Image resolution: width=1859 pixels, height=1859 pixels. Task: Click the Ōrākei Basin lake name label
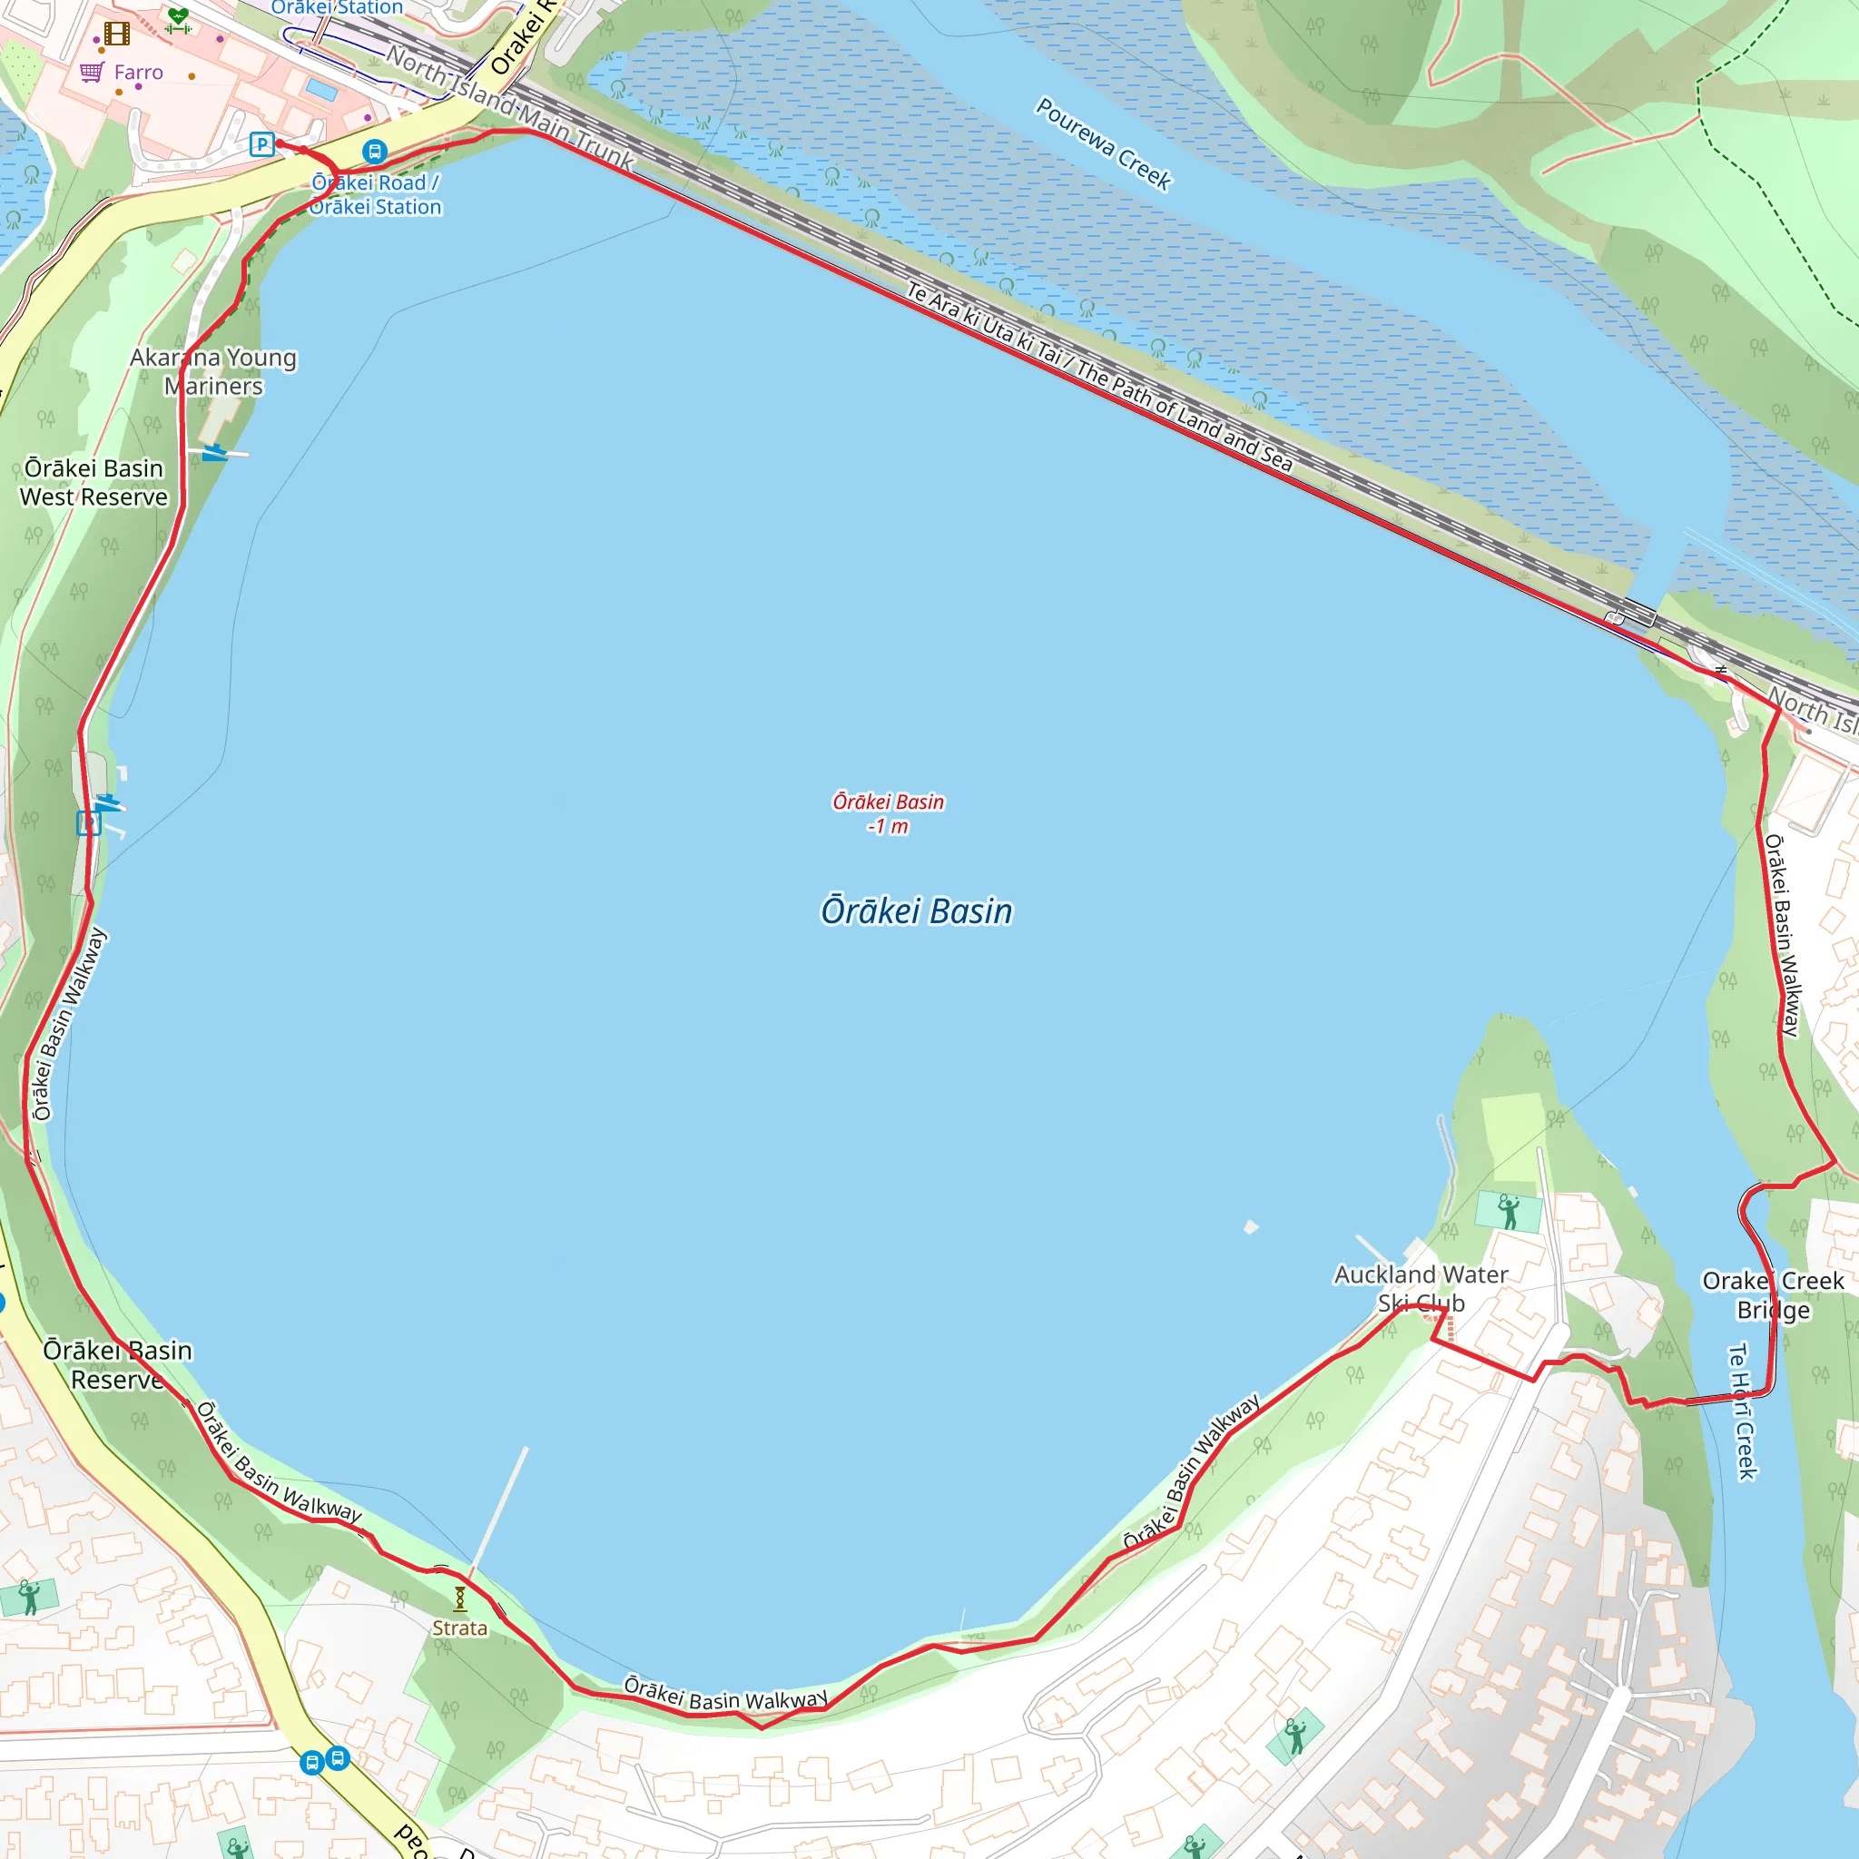916,910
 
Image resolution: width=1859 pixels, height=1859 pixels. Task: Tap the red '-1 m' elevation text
887,827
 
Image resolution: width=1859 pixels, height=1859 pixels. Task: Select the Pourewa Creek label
1103,143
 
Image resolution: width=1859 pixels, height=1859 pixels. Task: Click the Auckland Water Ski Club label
1421,1288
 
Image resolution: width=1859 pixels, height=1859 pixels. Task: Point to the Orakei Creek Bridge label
1773,1295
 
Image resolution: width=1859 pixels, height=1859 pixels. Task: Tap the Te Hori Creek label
1744,1411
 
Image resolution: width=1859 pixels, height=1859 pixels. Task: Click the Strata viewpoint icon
460,1598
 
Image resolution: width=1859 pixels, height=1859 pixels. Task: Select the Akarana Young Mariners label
213,371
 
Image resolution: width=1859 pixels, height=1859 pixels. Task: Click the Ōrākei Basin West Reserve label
93,482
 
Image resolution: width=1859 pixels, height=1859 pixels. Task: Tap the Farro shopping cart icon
93,73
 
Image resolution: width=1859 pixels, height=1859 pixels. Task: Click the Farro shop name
139,73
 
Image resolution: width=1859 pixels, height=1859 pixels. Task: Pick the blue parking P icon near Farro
261,144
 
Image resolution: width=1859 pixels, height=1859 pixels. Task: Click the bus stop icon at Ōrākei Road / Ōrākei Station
374,151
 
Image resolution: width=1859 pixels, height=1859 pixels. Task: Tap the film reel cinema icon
117,34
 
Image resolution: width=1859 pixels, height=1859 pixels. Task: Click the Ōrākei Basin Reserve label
117,1364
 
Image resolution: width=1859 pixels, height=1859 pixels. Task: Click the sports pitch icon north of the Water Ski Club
1509,1212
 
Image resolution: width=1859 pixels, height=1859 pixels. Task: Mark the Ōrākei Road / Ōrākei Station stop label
376,194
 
